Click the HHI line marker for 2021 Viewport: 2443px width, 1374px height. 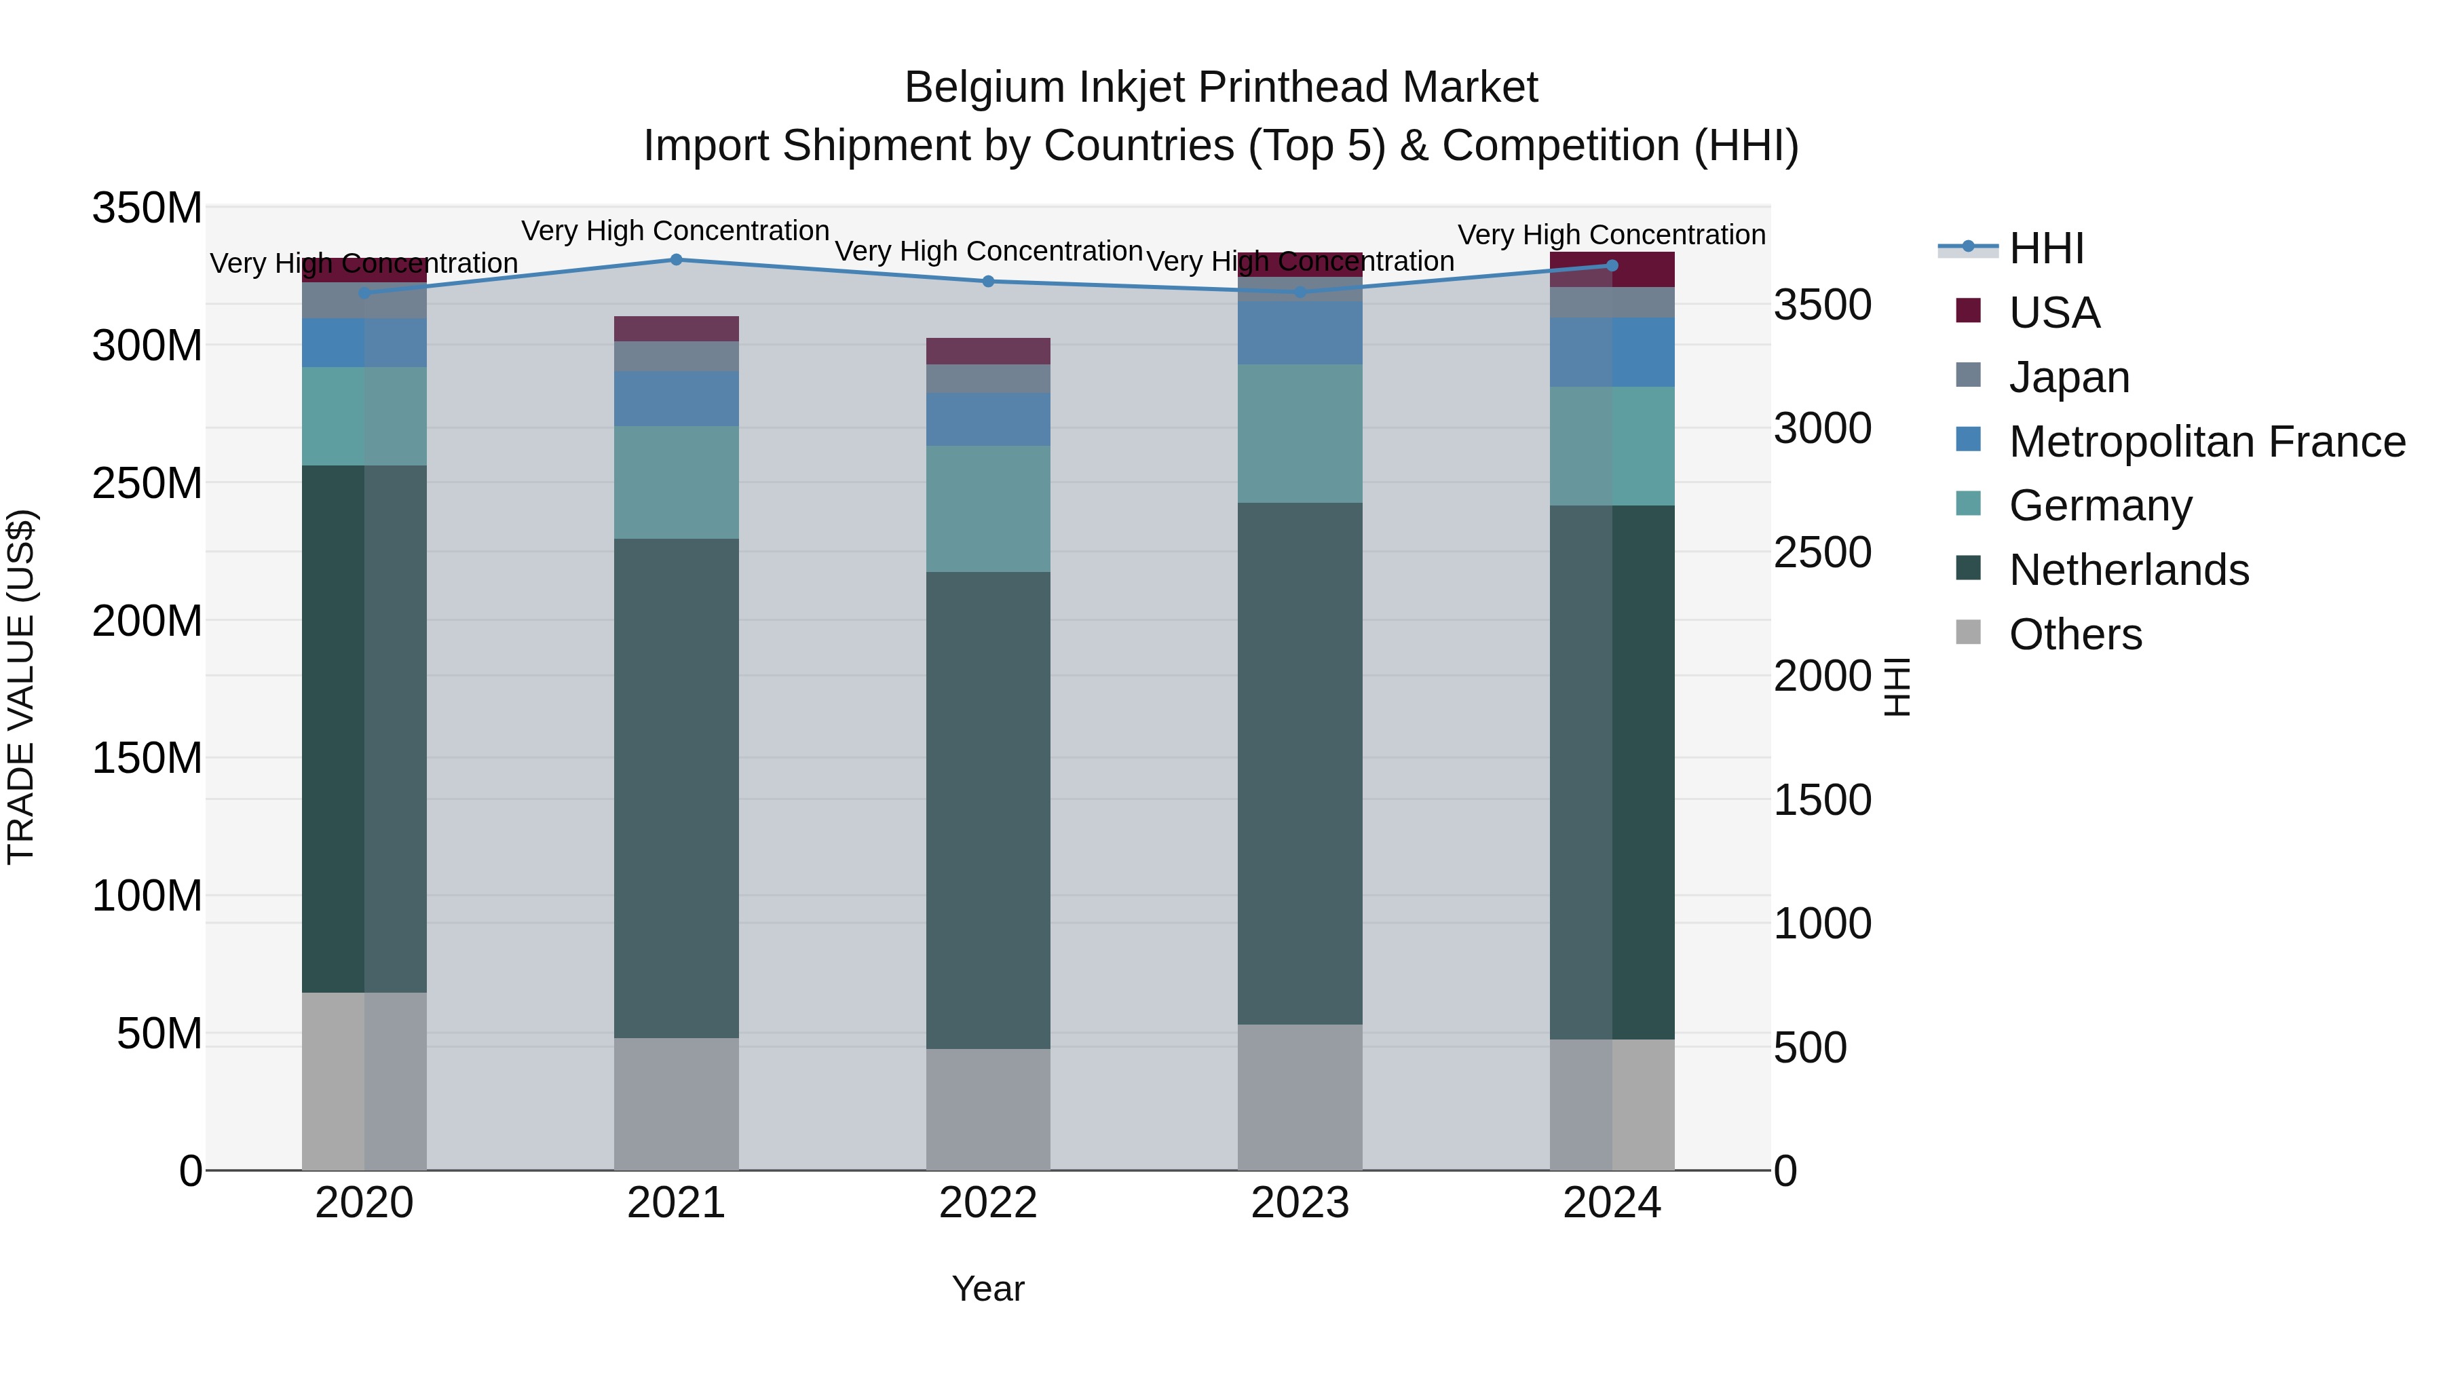tap(676, 259)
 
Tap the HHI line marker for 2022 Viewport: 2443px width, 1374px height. tap(988, 281)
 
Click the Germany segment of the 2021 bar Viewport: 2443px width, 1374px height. tap(676, 482)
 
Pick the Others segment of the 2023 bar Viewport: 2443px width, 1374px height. tap(1300, 1097)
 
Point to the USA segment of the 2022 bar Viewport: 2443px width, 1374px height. tap(988, 351)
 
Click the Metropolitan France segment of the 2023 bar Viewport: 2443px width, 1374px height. tap(1300, 332)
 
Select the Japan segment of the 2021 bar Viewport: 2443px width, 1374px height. tap(676, 356)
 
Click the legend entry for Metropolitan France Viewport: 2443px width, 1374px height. tap(2206, 442)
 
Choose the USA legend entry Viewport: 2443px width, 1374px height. tap(2054, 313)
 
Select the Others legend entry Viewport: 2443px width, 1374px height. tap(2075, 634)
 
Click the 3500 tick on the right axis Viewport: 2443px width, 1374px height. tap(1822, 305)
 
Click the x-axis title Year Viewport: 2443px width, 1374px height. tap(988, 1289)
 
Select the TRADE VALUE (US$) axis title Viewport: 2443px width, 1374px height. tap(21, 687)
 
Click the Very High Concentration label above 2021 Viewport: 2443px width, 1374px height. tap(675, 231)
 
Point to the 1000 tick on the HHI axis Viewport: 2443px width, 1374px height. tap(1822, 923)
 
